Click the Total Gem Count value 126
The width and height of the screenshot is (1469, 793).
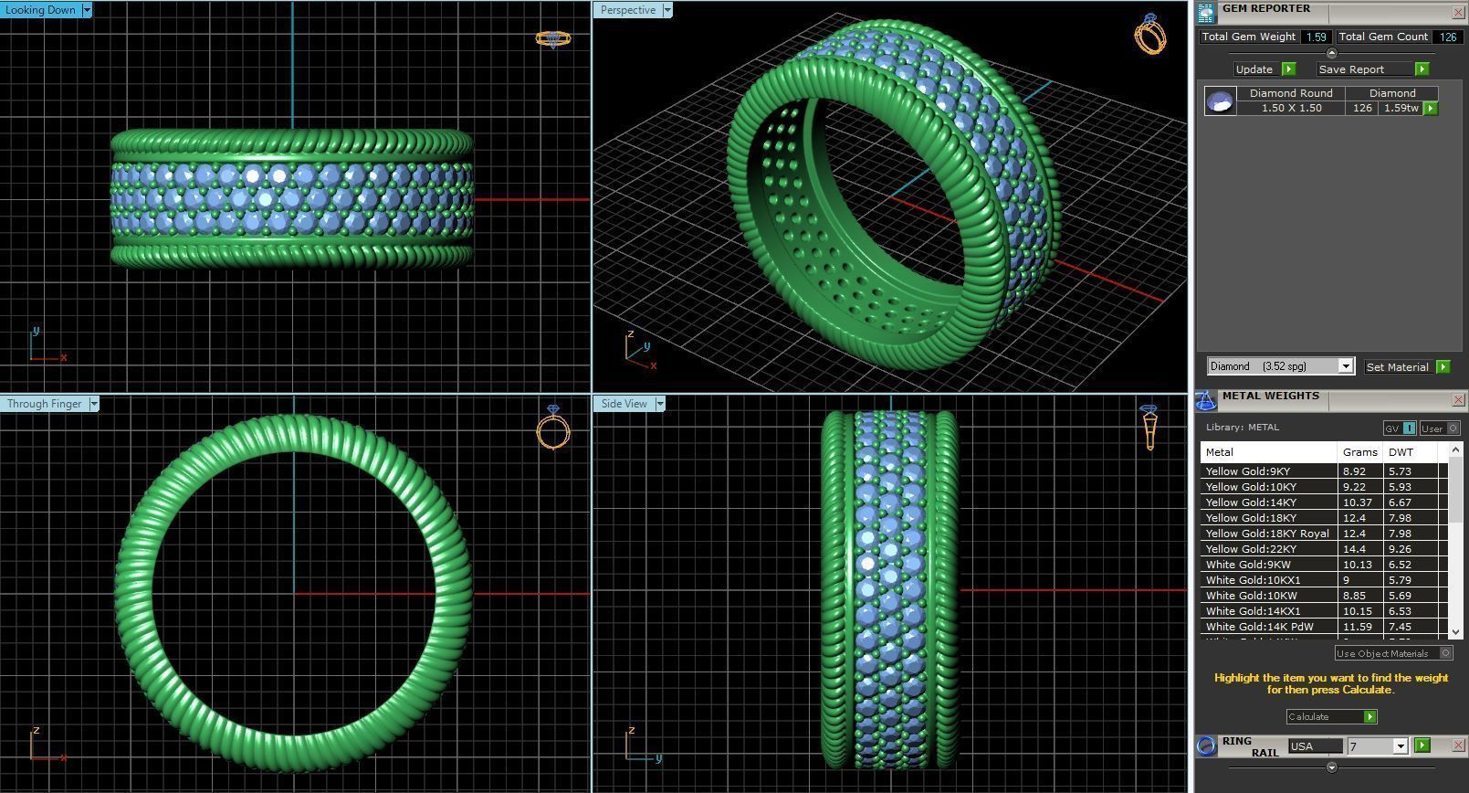coord(1447,37)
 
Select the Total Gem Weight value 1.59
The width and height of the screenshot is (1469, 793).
coord(1316,37)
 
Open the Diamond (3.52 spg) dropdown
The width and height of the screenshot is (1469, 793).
coord(1345,366)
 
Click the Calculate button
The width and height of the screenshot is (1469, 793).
coord(1331,717)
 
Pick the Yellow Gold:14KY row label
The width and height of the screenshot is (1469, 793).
coord(1250,502)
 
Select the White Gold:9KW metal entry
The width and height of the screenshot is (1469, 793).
coord(1247,565)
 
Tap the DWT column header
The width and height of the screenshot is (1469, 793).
coord(1401,452)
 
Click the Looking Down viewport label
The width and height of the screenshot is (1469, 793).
coord(41,10)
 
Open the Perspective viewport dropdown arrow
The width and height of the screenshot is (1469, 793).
coord(667,10)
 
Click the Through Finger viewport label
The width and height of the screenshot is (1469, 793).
coord(44,404)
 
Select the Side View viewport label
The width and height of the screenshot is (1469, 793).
coord(624,404)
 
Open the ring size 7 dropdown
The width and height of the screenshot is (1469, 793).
coord(1400,746)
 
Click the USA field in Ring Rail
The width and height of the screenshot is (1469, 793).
coord(1315,746)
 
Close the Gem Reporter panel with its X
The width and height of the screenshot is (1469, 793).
coord(1457,12)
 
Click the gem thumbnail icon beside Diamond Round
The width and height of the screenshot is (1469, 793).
coord(1220,100)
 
